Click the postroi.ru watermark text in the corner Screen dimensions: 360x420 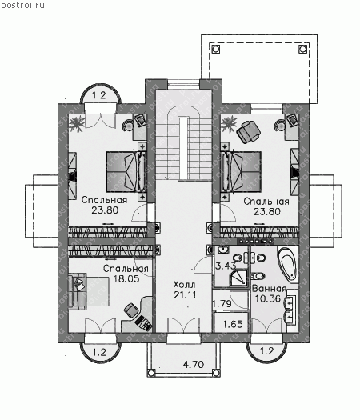tap(22, 5)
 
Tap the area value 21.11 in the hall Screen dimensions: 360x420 tap(185, 294)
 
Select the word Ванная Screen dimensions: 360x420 tap(269, 289)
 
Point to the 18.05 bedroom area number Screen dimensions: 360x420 tap(126, 278)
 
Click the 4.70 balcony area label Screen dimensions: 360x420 tap(194, 364)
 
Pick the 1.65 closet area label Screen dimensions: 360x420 tap(233, 324)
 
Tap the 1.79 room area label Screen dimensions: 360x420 tap(222, 304)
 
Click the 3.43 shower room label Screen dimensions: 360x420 tap(226, 266)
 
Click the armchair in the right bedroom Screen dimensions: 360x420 tap(249, 131)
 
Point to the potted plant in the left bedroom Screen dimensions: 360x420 tap(77, 124)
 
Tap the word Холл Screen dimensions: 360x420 tap(184, 284)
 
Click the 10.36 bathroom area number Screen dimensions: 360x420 tap(267, 298)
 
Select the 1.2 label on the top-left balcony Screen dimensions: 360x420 tap(99, 95)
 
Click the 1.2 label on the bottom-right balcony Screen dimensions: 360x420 tap(266, 351)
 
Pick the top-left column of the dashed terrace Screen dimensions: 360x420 tap(216, 49)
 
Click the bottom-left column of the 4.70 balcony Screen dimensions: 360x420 tap(151, 373)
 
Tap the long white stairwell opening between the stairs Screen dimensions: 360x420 tap(183, 147)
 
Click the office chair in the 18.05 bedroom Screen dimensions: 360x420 tap(131, 310)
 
